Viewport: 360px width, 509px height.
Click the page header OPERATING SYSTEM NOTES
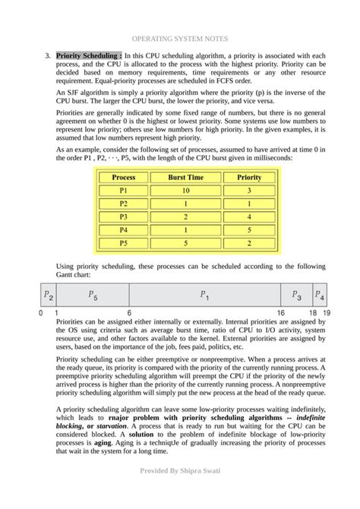click(180, 37)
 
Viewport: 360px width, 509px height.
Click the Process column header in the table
click(123, 177)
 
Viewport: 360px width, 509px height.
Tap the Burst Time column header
click(185, 177)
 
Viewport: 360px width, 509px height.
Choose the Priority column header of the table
click(249, 177)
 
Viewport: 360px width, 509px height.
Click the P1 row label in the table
click(123, 191)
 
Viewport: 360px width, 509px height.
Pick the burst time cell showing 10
click(185, 191)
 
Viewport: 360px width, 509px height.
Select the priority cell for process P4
click(249, 230)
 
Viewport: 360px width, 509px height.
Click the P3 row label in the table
click(123, 217)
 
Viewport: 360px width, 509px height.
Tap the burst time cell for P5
click(185, 243)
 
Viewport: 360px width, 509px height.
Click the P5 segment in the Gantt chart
click(92, 295)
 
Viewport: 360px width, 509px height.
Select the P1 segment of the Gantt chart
click(204, 295)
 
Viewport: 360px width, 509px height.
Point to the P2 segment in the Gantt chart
click(48, 295)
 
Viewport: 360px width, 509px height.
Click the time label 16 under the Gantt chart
click(280, 313)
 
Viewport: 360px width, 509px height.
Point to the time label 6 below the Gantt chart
click(129, 313)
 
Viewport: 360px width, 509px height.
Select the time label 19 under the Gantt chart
click(326, 313)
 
